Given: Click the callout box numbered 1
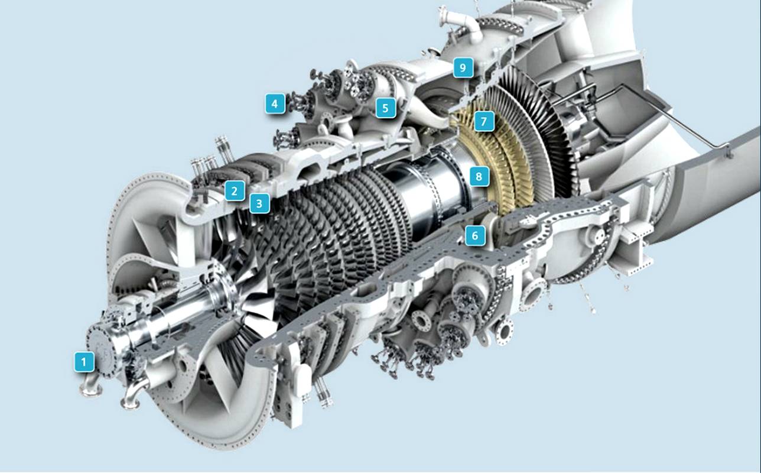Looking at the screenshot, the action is point(84,362).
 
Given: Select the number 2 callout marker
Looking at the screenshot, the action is point(235,190).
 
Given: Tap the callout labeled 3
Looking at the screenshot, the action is point(259,203).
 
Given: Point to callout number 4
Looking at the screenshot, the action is point(275,103).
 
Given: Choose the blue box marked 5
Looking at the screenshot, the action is point(385,108).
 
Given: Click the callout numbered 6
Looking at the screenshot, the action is point(475,235).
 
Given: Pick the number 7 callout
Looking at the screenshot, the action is point(484,121).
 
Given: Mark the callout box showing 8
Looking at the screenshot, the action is point(479,176).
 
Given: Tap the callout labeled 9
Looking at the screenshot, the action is point(463,67).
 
